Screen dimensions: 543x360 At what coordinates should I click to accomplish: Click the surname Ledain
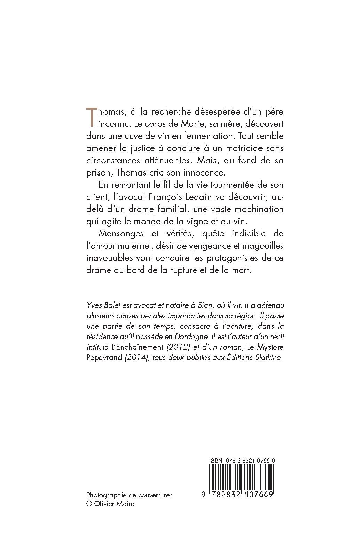pyautogui.click(x=196, y=197)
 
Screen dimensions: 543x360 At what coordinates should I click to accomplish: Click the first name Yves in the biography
pyautogui.click(x=93, y=306)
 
